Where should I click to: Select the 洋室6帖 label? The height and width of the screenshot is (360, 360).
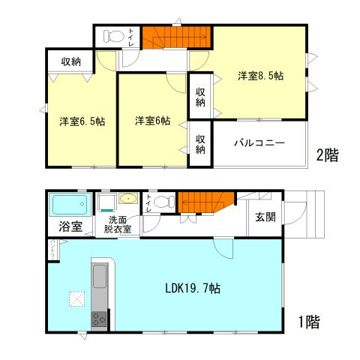(x=152, y=120)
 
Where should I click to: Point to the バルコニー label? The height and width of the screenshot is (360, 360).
(x=258, y=142)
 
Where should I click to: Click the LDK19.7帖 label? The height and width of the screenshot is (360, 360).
(x=193, y=288)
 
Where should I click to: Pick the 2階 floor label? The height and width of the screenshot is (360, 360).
(x=325, y=157)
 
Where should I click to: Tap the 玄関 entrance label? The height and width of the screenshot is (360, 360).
(x=265, y=217)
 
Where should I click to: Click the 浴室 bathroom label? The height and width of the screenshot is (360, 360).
(x=61, y=226)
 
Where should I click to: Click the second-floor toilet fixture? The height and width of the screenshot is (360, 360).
(x=113, y=35)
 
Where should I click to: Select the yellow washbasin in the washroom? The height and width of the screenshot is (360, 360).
(x=127, y=200)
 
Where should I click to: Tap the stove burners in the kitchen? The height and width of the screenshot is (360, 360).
(x=98, y=319)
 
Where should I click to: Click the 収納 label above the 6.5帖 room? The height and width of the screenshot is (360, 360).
(x=71, y=61)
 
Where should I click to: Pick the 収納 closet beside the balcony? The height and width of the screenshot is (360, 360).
(x=200, y=143)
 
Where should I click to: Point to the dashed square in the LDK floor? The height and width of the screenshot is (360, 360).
(x=76, y=298)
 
